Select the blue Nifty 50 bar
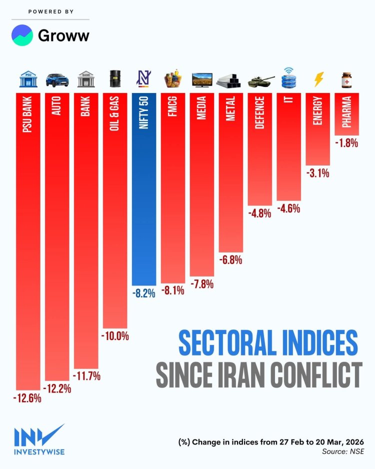click(144, 190)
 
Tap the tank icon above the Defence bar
click(260, 80)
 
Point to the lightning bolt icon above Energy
click(318, 79)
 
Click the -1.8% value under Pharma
click(346, 143)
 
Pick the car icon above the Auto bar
click(57, 80)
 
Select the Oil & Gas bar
click(115, 210)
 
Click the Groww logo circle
click(22, 35)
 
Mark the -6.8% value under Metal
click(231, 260)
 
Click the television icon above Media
click(202, 79)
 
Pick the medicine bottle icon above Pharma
click(346, 79)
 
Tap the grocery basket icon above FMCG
click(173, 79)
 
